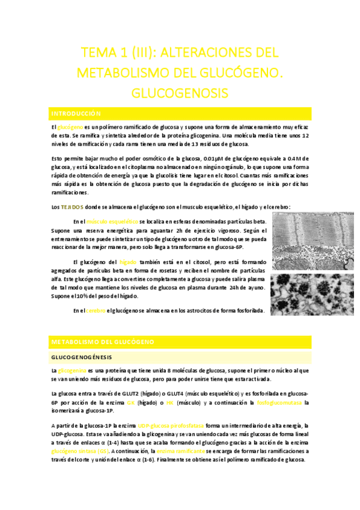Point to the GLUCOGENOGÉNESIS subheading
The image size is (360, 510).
click(x=81, y=357)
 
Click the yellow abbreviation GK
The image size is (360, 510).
click(x=131, y=402)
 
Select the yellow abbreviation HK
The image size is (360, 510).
click(x=170, y=402)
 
